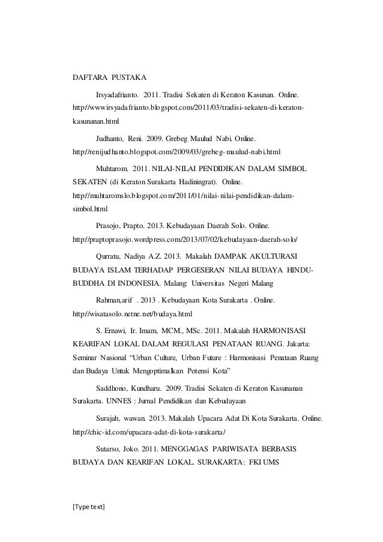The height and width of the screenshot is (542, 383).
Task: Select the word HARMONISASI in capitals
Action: pyautogui.click(x=271, y=328)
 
